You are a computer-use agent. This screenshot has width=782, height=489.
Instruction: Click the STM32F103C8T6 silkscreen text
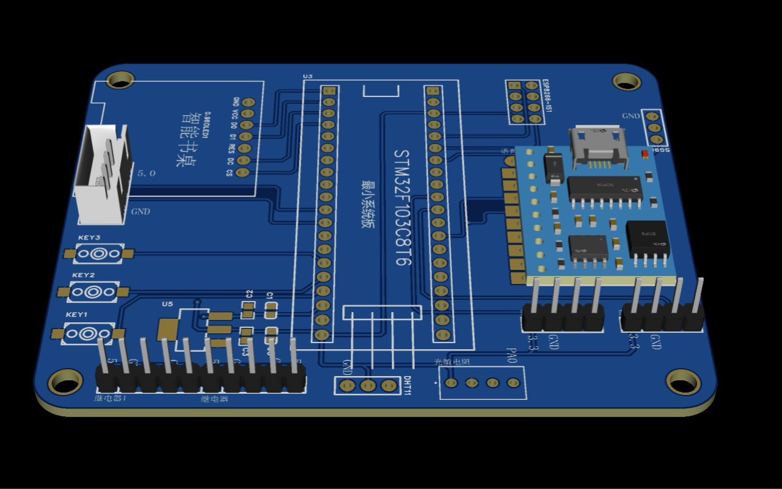401,207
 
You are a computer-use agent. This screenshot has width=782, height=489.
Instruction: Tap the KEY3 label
89,237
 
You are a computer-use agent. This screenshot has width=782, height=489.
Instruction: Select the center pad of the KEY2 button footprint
92,292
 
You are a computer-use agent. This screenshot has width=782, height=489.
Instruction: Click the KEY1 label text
77,314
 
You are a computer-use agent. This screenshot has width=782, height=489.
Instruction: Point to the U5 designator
167,303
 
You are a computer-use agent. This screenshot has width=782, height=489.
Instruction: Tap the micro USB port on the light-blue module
597,147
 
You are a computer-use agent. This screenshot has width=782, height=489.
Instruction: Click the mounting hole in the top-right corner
626,81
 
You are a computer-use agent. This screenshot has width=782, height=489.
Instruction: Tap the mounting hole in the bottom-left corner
65,382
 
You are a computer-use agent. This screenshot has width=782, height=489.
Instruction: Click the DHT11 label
407,385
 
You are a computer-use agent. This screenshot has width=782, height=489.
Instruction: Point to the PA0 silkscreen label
512,355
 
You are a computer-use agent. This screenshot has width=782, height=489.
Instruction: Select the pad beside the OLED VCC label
247,114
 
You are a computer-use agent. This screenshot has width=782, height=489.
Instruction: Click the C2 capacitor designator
249,294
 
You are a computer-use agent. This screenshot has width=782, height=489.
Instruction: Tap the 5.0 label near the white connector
146,173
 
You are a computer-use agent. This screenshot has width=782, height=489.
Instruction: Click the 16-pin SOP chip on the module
604,187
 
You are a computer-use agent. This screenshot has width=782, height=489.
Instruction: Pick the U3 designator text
308,76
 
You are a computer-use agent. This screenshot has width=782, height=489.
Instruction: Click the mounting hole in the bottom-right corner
683,382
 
